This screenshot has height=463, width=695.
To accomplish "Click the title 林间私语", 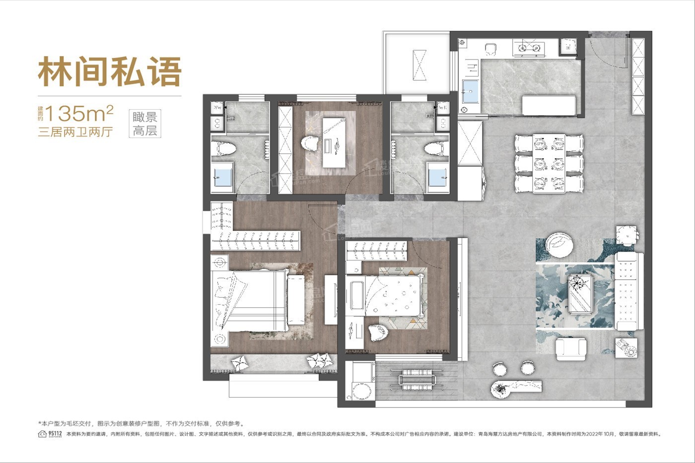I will (x=110, y=72).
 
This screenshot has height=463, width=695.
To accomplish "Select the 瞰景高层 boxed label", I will (x=145, y=124).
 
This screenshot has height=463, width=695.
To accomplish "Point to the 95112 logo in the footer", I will (x=50, y=434).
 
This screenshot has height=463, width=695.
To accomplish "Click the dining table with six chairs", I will (x=549, y=164).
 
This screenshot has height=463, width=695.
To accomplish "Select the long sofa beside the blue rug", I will (x=629, y=291).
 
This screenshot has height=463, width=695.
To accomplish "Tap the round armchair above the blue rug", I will (x=560, y=245).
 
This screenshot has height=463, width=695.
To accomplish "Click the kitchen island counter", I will (x=549, y=106).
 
